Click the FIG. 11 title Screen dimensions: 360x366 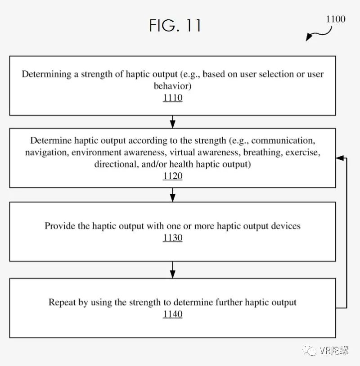[175, 25]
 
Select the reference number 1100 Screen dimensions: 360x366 [336, 19]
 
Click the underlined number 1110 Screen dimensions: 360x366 [173, 98]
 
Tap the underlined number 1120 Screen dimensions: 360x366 [173, 176]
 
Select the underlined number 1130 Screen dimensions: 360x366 [173, 238]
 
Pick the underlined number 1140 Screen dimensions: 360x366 [173, 314]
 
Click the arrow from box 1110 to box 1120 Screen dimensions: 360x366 [173, 122]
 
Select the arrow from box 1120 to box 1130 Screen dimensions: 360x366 [173, 194]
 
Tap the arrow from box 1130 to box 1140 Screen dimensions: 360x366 [173, 270]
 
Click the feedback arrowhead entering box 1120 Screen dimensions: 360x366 [340, 158]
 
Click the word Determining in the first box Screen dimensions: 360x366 [46, 74]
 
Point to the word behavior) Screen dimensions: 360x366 [173, 86]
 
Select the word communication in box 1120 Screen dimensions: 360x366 [283, 140]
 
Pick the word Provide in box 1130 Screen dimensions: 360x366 [59, 226]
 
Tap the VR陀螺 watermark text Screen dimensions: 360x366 [334, 350]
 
